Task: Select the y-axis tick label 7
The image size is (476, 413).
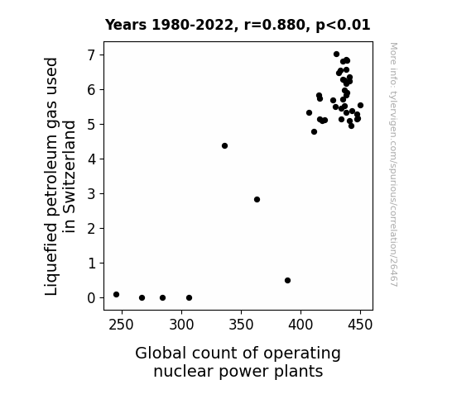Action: (x=92, y=55)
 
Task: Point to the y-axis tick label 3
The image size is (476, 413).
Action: (x=92, y=194)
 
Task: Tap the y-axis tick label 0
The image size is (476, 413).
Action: (x=92, y=298)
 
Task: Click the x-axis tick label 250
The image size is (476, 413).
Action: (x=121, y=325)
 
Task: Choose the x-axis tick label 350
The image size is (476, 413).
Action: (x=241, y=325)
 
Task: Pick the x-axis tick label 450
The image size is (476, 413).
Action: (x=360, y=325)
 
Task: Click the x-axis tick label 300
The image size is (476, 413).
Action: (x=181, y=325)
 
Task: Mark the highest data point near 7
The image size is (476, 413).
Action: (x=336, y=55)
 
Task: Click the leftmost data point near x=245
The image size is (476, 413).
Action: (x=116, y=295)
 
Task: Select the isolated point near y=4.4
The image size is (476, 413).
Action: (x=224, y=145)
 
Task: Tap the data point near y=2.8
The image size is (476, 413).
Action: (x=257, y=199)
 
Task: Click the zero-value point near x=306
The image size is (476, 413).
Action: (x=189, y=298)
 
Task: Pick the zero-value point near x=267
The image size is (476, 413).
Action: (x=142, y=298)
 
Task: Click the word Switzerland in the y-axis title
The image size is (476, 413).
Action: (x=70, y=177)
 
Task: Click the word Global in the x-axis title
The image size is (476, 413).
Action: (x=161, y=354)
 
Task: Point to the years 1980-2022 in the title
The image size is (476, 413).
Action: (x=192, y=25)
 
